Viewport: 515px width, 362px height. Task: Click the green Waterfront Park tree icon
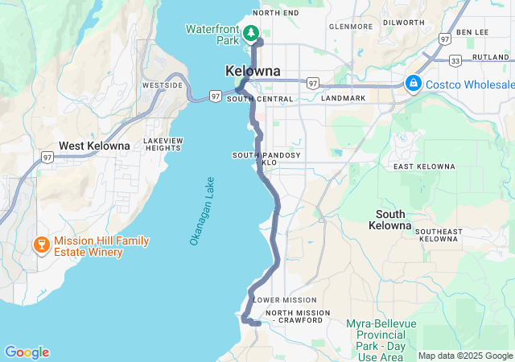(x=251, y=32)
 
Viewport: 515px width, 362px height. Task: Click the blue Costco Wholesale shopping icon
(x=414, y=83)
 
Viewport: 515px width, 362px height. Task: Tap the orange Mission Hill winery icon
(x=39, y=243)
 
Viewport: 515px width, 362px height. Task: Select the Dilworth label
(x=404, y=23)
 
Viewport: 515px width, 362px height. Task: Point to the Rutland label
(x=490, y=57)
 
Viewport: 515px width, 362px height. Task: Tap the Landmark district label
(x=344, y=98)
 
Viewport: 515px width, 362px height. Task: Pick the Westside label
(x=162, y=84)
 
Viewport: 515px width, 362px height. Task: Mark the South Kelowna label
(x=391, y=220)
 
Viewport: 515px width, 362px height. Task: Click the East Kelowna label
(x=424, y=167)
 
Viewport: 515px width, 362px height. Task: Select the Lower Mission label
(x=279, y=300)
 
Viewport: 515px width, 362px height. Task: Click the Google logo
(x=27, y=352)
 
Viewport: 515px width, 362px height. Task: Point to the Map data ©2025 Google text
(x=465, y=356)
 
